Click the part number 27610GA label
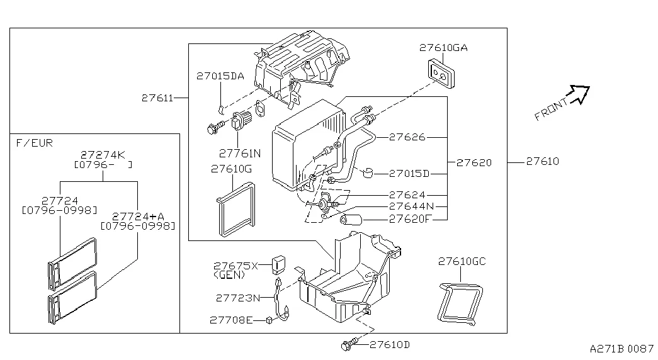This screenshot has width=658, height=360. (x=443, y=48)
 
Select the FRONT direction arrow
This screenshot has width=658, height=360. (x=577, y=95)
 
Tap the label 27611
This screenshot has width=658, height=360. (x=156, y=98)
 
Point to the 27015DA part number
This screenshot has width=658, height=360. (x=220, y=76)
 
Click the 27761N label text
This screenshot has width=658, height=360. (x=239, y=152)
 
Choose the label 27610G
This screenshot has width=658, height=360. (x=231, y=169)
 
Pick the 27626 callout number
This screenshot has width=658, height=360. (x=407, y=137)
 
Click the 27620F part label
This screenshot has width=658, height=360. (x=410, y=219)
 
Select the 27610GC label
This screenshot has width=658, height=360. (x=462, y=261)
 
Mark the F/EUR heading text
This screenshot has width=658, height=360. (x=33, y=143)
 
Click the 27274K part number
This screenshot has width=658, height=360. (x=103, y=154)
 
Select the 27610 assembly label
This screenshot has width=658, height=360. (x=542, y=162)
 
